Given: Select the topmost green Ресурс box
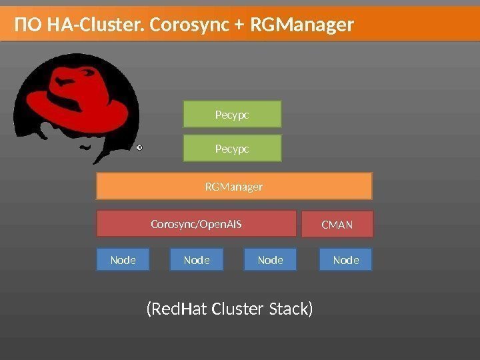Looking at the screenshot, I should (232, 114).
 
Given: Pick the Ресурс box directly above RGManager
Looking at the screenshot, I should (232, 149).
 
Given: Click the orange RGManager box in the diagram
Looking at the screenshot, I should (233, 187).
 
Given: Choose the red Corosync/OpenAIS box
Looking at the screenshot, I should (196, 224).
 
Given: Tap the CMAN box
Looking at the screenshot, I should (337, 225).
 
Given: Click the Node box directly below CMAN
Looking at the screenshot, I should (345, 260).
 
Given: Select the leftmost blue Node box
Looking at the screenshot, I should (123, 260).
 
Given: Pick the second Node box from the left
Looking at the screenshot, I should (197, 260).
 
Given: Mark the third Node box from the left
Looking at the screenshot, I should (271, 260).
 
